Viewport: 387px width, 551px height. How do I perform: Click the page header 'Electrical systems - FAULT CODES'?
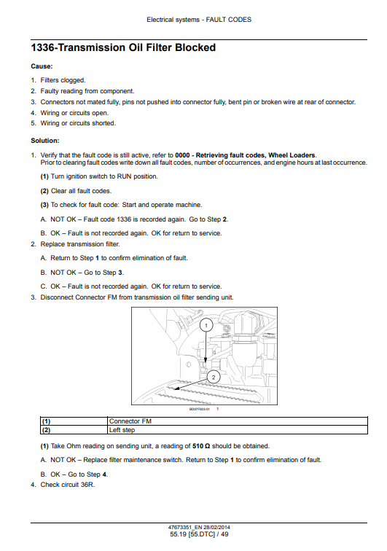point(199,20)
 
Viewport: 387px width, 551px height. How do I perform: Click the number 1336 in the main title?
point(42,47)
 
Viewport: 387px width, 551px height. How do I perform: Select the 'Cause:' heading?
point(42,66)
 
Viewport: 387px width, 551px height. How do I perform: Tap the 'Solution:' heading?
point(45,141)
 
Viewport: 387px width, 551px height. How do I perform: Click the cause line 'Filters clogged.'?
point(63,80)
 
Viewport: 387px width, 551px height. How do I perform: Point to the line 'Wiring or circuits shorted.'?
point(78,123)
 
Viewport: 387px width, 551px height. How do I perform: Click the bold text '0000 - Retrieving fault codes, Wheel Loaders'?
point(245,155)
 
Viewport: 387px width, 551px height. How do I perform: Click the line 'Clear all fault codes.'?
point(81,191)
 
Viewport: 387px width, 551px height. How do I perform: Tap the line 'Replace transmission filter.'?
point(80,244)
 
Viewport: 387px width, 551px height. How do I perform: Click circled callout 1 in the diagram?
point(206,325)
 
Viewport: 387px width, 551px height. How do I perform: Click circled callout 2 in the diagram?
point(214,378)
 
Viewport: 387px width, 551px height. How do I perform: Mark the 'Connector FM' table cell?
point(130,421)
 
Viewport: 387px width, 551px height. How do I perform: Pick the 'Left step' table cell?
point(122,430)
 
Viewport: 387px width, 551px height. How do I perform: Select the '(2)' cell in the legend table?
point(46,430)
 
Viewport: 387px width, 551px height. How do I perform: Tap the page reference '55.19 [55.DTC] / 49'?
point(199,534)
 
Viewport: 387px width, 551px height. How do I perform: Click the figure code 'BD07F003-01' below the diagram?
point(199,409)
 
